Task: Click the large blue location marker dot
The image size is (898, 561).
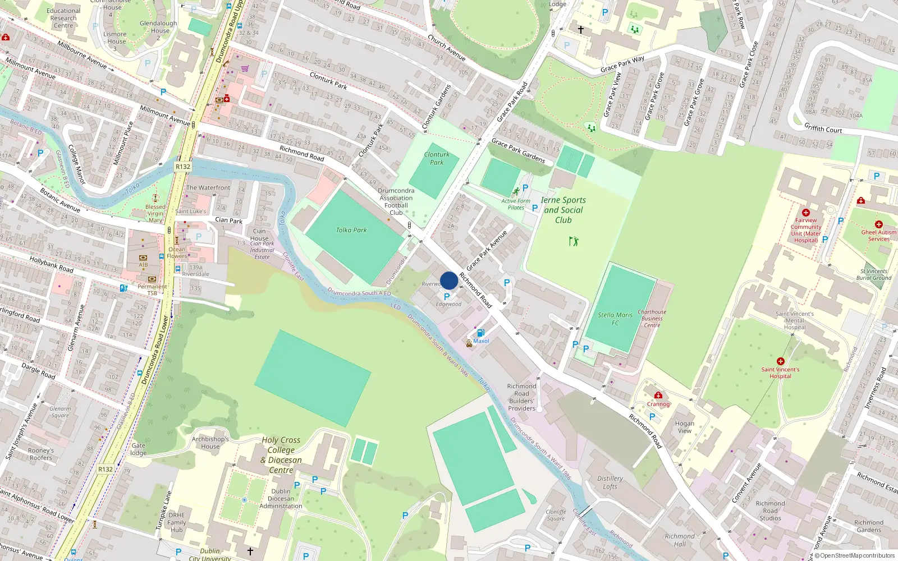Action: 449,280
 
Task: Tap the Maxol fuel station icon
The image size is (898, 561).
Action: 480,333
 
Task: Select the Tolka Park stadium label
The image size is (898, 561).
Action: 351,230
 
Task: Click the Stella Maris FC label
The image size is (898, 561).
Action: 615,319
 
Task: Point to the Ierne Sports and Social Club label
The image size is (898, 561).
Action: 563,210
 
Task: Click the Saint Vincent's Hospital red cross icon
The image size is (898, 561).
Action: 780,361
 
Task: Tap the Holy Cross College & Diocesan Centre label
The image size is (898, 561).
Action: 281,455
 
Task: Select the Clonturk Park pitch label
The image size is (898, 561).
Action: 437,158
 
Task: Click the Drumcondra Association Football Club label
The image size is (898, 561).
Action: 396,201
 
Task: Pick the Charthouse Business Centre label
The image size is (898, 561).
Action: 652,318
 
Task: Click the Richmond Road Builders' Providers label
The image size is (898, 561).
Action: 522,397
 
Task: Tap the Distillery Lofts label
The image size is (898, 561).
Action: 610,482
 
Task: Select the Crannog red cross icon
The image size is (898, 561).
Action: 658,396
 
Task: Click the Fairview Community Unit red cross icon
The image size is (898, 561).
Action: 806,213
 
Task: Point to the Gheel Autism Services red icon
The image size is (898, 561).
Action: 879,224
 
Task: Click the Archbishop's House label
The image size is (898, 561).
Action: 210,443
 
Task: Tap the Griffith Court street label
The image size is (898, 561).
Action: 823,128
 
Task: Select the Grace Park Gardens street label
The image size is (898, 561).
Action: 518,150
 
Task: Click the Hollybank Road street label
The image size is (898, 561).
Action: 51,264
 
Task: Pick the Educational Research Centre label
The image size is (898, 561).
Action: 63,18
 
